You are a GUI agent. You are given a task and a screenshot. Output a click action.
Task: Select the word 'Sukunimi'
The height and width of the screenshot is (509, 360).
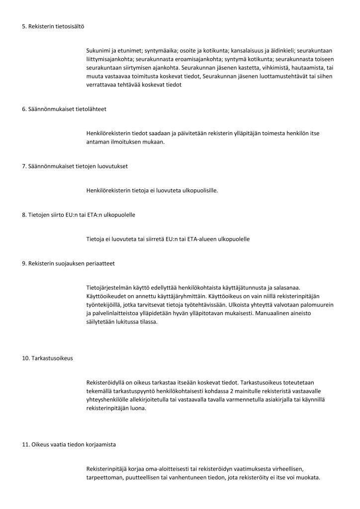point(98,51)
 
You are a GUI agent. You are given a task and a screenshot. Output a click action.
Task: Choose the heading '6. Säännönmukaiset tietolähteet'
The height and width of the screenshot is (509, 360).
point(64,109)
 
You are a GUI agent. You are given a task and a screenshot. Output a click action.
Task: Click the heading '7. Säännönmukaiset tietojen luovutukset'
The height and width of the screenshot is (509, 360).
point(75,166)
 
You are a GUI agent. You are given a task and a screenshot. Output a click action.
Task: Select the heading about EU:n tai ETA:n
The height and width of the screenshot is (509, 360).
point(79,215)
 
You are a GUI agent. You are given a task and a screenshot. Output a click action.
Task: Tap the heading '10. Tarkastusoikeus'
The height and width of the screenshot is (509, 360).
point(47,358)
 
